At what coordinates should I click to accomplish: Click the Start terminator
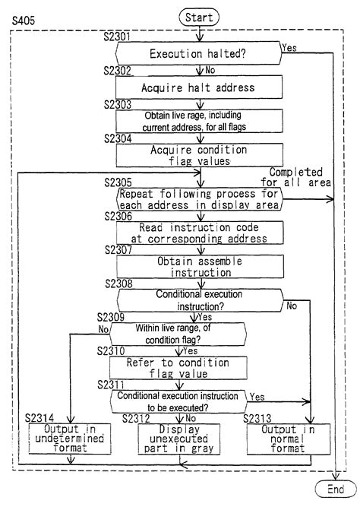coord(199,16)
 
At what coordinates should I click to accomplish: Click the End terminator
coord(336,490)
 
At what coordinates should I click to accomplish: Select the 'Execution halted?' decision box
coord(198,55)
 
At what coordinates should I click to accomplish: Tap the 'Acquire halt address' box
coord(198,87)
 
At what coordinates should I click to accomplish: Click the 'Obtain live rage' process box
coord(198,120)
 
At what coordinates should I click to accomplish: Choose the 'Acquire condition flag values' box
coord(198,154)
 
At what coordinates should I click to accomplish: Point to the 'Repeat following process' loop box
coord(198,198)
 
